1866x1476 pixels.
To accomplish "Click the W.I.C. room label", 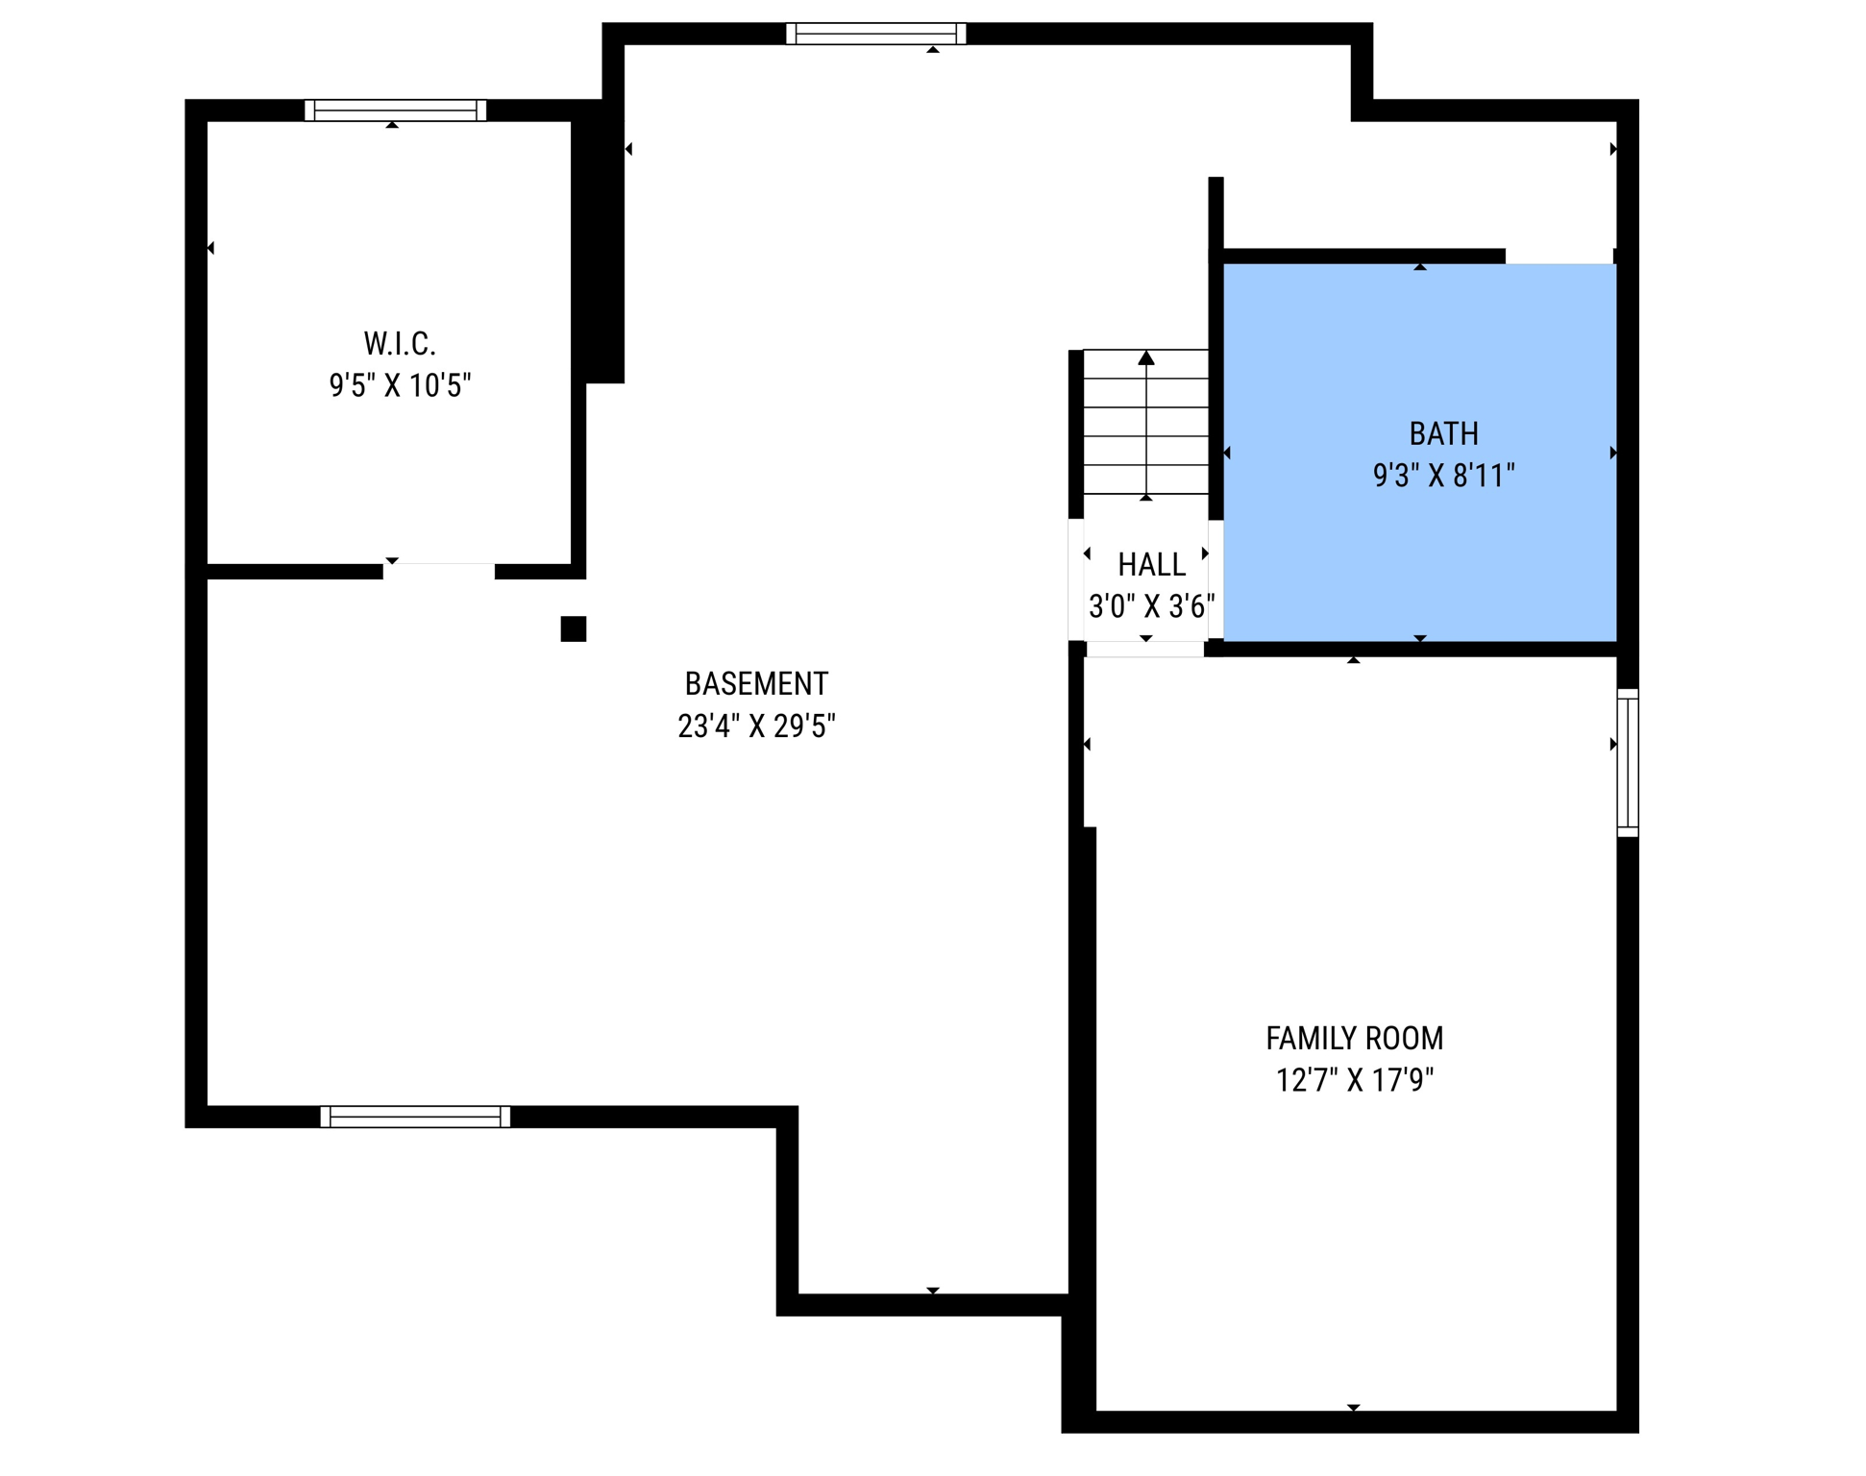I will pos(400,343).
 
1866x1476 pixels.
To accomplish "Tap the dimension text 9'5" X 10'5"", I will pos(400,385).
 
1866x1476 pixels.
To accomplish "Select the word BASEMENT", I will pos(756,683).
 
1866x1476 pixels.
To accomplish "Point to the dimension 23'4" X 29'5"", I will pos(756,726).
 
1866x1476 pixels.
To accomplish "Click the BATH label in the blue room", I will pos(1443,433).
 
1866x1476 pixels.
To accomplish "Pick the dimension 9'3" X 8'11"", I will pos(1443,476).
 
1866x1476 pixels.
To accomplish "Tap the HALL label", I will pos(1151,564).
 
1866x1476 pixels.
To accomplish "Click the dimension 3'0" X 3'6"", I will pos(1151,606).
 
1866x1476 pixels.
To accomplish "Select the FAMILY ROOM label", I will pos(1354,1038).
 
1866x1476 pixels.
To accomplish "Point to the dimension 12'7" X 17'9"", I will pos(1354,1080).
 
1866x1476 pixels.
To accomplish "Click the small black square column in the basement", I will pos(574,628).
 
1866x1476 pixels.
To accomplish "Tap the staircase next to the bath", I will pos(1145,423).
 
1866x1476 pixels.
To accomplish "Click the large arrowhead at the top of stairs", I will pos(1146,358).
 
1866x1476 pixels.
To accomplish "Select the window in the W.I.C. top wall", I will pos(395,111).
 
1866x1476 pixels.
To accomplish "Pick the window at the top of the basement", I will pos(875,34).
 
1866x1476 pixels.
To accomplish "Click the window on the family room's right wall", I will pos(1627,762).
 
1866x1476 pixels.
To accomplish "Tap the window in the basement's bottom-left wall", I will pos(414,1116).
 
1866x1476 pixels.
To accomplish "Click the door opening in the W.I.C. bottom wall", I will pos(438,572).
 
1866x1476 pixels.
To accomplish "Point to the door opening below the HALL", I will pos(1144,650).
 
